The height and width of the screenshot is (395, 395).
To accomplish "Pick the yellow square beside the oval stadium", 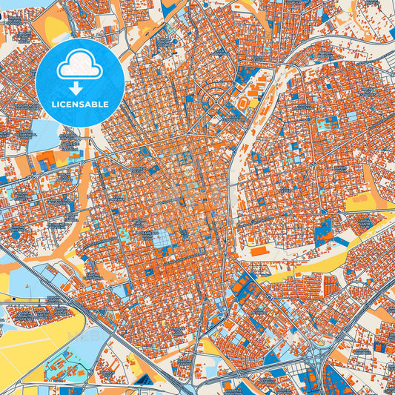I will tap(253, 104).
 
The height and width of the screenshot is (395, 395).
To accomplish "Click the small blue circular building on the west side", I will tap(16, 234).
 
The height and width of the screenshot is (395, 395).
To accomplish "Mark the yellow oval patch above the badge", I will tap(56, 26).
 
